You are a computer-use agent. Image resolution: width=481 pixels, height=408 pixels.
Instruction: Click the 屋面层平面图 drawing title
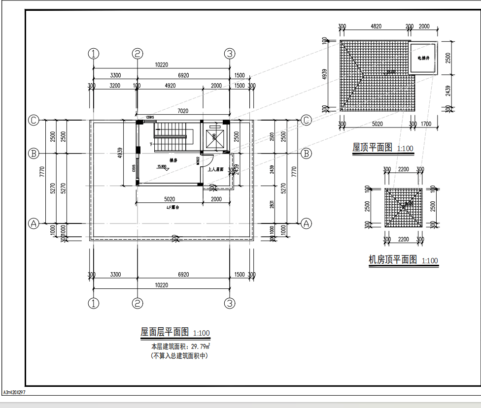[165, 333]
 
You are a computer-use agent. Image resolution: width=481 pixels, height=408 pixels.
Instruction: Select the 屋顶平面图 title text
[372, 147]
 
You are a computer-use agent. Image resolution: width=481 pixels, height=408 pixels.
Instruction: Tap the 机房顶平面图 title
[393, 259]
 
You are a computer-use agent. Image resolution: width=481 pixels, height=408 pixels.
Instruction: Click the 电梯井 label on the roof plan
[423, 58]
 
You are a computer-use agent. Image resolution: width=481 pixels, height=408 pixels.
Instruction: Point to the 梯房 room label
[173, 160]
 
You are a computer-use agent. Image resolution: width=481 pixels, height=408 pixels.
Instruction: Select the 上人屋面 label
[216, 169]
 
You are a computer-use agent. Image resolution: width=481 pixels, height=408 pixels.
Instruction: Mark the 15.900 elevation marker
[162, 166]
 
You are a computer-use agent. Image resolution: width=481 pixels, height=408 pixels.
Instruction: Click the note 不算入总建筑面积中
[179, 355]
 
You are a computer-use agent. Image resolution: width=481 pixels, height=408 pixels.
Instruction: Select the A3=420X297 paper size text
[14, 393]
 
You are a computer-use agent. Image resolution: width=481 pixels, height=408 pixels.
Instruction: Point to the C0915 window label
[150, 117]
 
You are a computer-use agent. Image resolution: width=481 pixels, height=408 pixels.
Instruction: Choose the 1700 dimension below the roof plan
[427, 124]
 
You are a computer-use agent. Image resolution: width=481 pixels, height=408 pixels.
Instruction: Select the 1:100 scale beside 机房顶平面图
[430, 261]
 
